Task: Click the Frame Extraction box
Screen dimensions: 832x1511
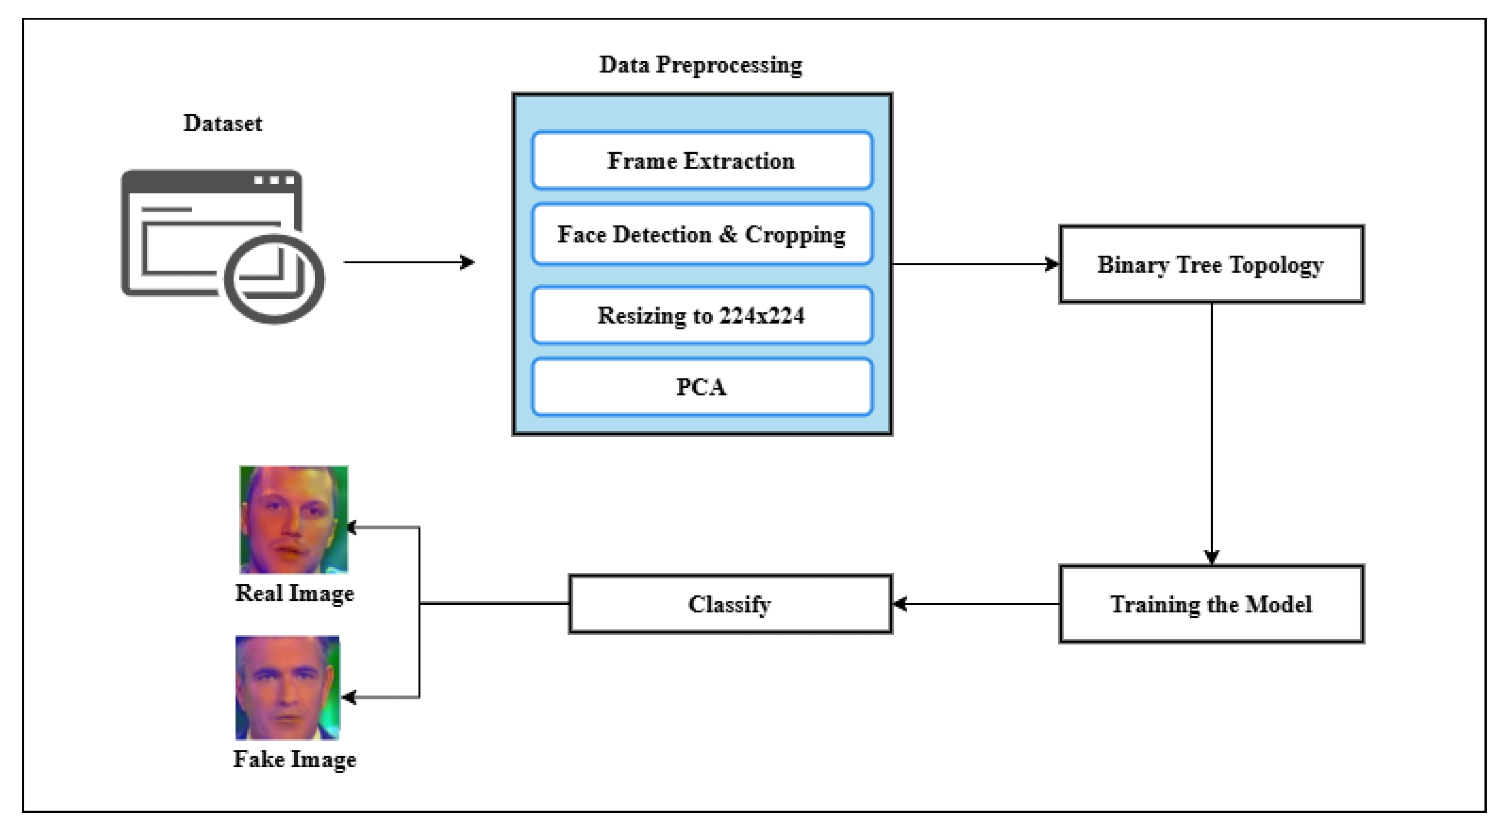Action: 701,160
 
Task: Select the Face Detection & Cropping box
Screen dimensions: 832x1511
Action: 701,234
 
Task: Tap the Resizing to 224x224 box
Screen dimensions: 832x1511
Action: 701,315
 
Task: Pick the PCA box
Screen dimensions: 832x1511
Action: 701,387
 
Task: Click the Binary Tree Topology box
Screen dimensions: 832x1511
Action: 1211,264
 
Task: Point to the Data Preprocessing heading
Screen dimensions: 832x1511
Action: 700,65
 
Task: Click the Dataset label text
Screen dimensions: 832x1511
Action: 223,123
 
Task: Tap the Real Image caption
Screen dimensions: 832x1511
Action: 294,593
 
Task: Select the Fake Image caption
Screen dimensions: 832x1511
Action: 294,759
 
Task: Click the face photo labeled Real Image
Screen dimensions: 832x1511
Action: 293,519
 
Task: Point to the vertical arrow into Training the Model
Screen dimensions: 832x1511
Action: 1211,434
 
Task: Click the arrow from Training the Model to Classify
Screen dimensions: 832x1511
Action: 976,604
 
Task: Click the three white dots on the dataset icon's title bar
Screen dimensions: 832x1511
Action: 274,180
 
